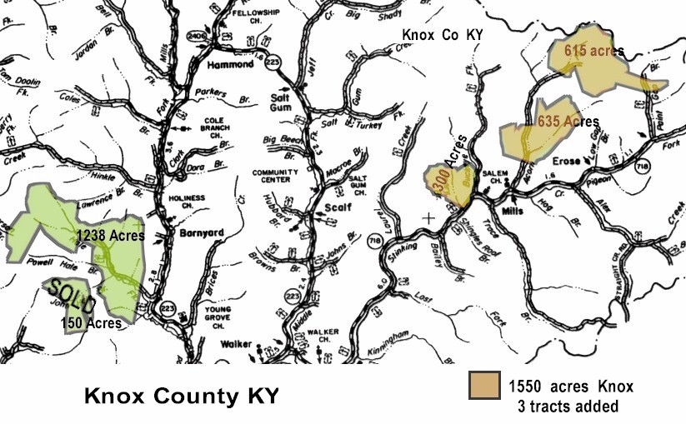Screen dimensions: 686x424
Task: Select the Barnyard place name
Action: tap(198, 236)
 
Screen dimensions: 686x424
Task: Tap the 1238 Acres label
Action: tap(110, 236)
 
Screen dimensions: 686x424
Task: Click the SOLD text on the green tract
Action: tap(72, 297)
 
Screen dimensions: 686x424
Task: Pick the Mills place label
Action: tap(513, 201)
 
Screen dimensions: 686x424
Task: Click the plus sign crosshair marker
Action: tap(429, 217)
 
